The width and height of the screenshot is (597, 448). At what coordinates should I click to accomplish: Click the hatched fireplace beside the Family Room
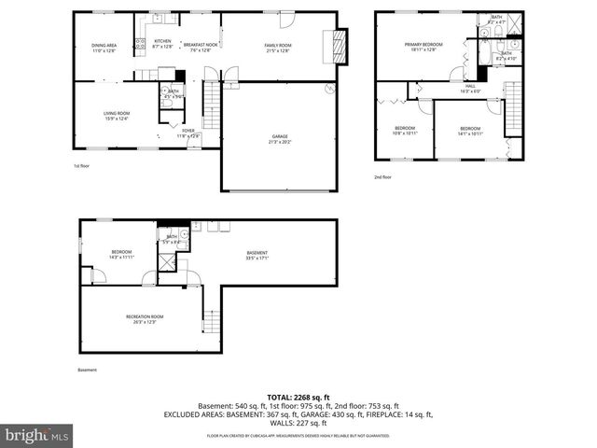(x=337, y=44)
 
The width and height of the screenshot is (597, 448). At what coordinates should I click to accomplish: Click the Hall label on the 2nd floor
(x=470, y=88)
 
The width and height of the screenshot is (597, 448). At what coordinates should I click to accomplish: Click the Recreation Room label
(x=145, y=319)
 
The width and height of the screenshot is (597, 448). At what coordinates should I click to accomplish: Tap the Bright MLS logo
(x=37, y=435)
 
